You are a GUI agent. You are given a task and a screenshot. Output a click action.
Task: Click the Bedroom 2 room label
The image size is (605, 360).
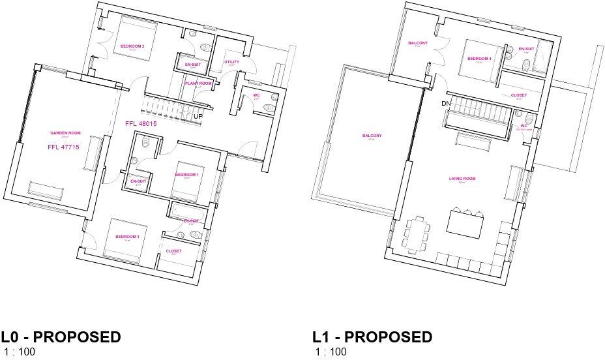[x=132, y=46]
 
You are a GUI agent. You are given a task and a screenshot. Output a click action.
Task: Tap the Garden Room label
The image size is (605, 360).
[x=59, y=133]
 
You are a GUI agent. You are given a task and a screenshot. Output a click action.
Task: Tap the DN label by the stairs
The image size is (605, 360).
[x=447, y=104]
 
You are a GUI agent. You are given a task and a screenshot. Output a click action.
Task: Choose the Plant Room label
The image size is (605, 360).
[x=198, y=83]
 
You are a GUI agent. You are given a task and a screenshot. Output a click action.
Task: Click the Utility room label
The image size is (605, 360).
[x=232, y=62]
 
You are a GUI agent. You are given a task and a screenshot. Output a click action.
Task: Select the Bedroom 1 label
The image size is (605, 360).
[x=186, y=175]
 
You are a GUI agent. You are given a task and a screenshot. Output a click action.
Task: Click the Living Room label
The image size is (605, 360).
[x=462, y=179]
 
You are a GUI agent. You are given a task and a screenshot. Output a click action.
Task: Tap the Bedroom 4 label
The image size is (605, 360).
[x=479, y=59]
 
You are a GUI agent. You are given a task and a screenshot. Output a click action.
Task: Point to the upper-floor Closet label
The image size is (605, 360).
[x=519, y=95]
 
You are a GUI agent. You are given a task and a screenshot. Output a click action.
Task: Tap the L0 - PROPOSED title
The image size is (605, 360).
[x=61, y=337]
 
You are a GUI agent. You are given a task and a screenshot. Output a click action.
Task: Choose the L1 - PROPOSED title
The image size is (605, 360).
[x=372, y=337]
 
